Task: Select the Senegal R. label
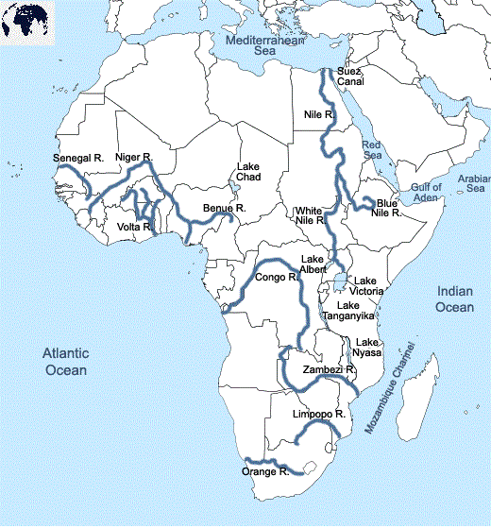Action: [78, 158]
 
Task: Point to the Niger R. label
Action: [133, 156]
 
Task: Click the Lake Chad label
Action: [248, 172]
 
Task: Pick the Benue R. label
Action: [225, 207]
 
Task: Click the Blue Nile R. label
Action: [387, 208]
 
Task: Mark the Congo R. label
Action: [276, 278]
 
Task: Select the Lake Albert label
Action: [313, 264]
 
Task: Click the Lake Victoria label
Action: [366, 286]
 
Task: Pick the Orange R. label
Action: [265, 470]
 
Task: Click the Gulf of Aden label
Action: [426, 192]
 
